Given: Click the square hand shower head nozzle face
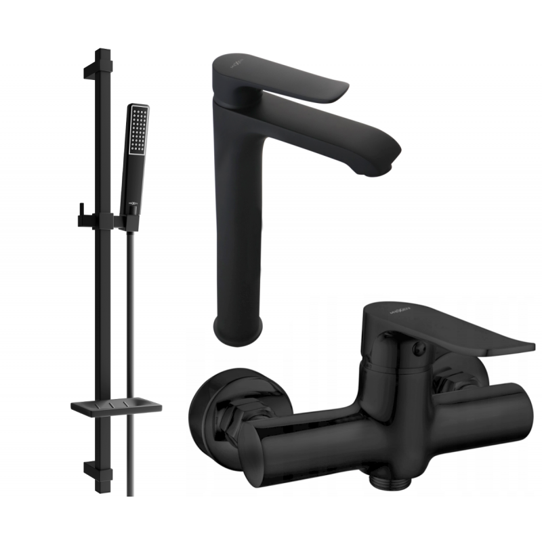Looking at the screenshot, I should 138,129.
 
